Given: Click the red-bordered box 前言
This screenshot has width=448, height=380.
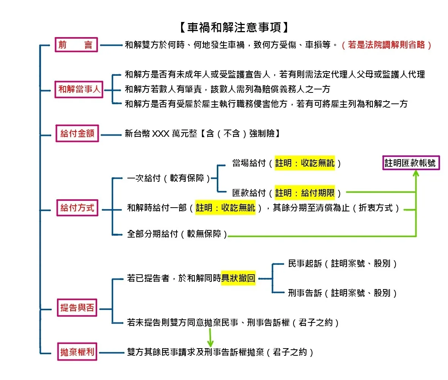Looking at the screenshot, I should click(x=76, y=45).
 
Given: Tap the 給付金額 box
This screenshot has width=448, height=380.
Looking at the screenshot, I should click(x=77, y=134).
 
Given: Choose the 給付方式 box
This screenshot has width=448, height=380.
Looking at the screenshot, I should click(x=77, y=208).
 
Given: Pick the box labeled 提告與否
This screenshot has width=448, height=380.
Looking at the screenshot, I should click(x=77, y=308).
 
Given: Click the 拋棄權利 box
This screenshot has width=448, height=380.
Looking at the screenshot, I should click(x=77, y=352).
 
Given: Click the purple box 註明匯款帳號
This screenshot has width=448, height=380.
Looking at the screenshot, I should click(x=411, y=163).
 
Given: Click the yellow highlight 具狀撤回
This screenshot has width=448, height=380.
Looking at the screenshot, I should click(x=238, y=278).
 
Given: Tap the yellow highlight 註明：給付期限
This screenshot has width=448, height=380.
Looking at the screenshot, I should click(x=305, y=193).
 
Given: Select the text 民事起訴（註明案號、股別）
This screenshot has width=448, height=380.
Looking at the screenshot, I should click(x=342, y=264).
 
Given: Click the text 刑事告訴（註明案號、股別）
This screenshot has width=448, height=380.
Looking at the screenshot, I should click(x=342, y=293).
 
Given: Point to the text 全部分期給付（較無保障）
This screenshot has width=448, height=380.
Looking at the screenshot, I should click(x=177, y=234).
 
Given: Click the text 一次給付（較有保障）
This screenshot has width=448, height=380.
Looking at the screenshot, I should click(x=169, y=178).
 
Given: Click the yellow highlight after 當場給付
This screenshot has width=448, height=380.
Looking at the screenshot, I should click(x=305, y=163).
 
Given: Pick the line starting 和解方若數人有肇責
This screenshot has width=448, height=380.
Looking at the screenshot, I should click(x=228, y=89).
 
